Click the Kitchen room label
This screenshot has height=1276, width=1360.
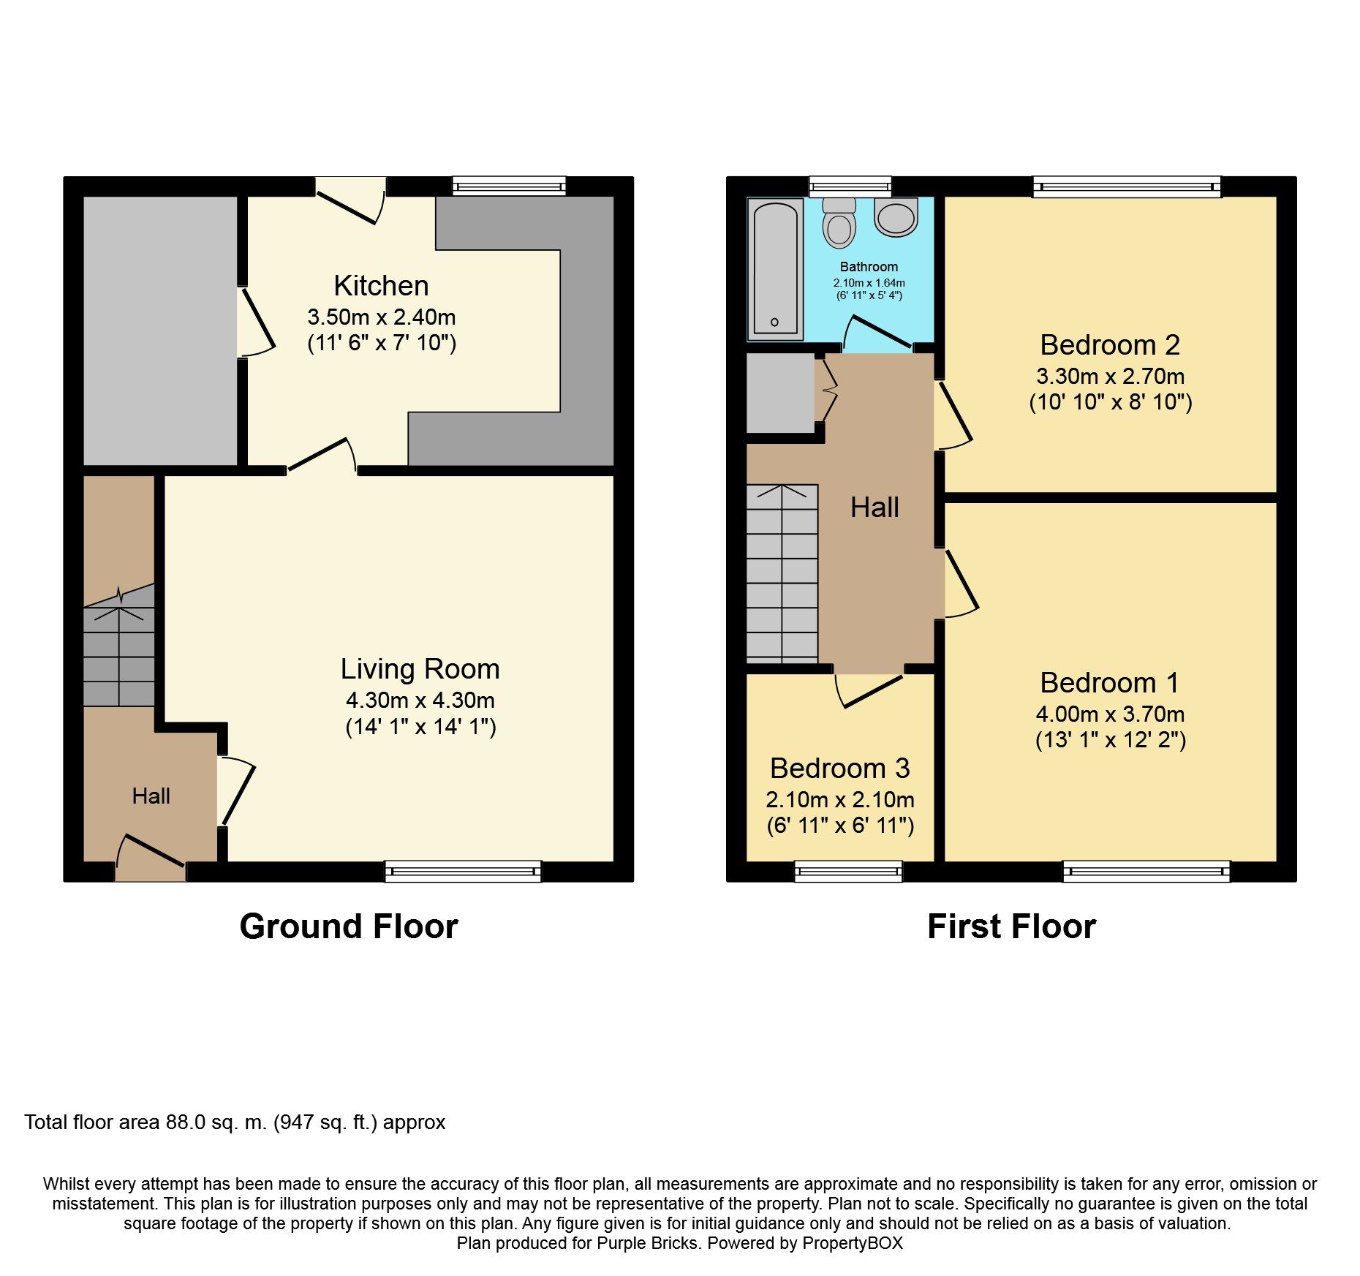click(x=381, y=286)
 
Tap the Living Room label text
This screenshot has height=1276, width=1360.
click(x=420, y=669)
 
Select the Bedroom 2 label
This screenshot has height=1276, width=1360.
click(x=1110, y=344)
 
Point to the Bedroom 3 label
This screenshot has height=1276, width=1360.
click(x=839, y=768)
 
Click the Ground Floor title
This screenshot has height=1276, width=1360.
click(x=349, y=926)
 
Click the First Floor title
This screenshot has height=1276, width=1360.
click(x=1011, y=926)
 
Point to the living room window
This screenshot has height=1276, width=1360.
click(x=463, y=871)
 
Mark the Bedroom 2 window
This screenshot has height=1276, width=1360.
click(x=1127, y=187)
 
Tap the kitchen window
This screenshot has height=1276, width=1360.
click(x=509, y=186)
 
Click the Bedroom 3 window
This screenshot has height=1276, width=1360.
click(x=848, y=871)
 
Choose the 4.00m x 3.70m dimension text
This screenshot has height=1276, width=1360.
click(x=1110, y=714)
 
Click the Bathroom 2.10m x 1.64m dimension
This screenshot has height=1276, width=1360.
click(x=869, y=283)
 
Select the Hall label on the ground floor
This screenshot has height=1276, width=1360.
click(x=151, y=796)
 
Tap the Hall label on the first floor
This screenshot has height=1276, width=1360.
click(x=874, y=507)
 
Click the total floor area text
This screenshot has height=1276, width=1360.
click(x=235, y=1122)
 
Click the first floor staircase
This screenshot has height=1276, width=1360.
click(x=782, y=574)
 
